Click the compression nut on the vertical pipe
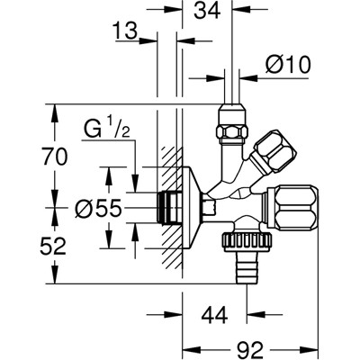coord(229,131)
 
